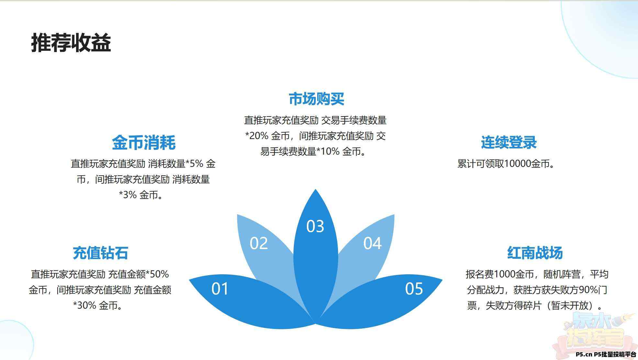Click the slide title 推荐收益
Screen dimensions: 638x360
click(x=71, y=43)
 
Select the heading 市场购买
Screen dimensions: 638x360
click(x=316, y=99)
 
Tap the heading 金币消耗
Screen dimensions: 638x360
click(x=144, y=142)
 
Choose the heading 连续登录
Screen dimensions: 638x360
click(x=509, y=142)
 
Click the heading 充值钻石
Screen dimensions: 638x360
click(x=100, y=253)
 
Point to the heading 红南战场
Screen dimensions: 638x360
click(x=535, y=253)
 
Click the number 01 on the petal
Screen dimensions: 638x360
click(x=220, y=289)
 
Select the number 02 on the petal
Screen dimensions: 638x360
click(x=259, y=243)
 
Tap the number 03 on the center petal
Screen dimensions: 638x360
click(x=315, y=226)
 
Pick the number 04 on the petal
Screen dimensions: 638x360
click(x=372, y=243)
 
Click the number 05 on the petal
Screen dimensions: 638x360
click(x=414, y=289)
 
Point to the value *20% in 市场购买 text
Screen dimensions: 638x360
click(x=257, y=136)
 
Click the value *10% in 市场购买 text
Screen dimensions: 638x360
click(x=328, y=151)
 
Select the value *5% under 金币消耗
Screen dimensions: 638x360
click(x=194, y=164)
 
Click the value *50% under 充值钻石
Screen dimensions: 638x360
click(x=157, y=274)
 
